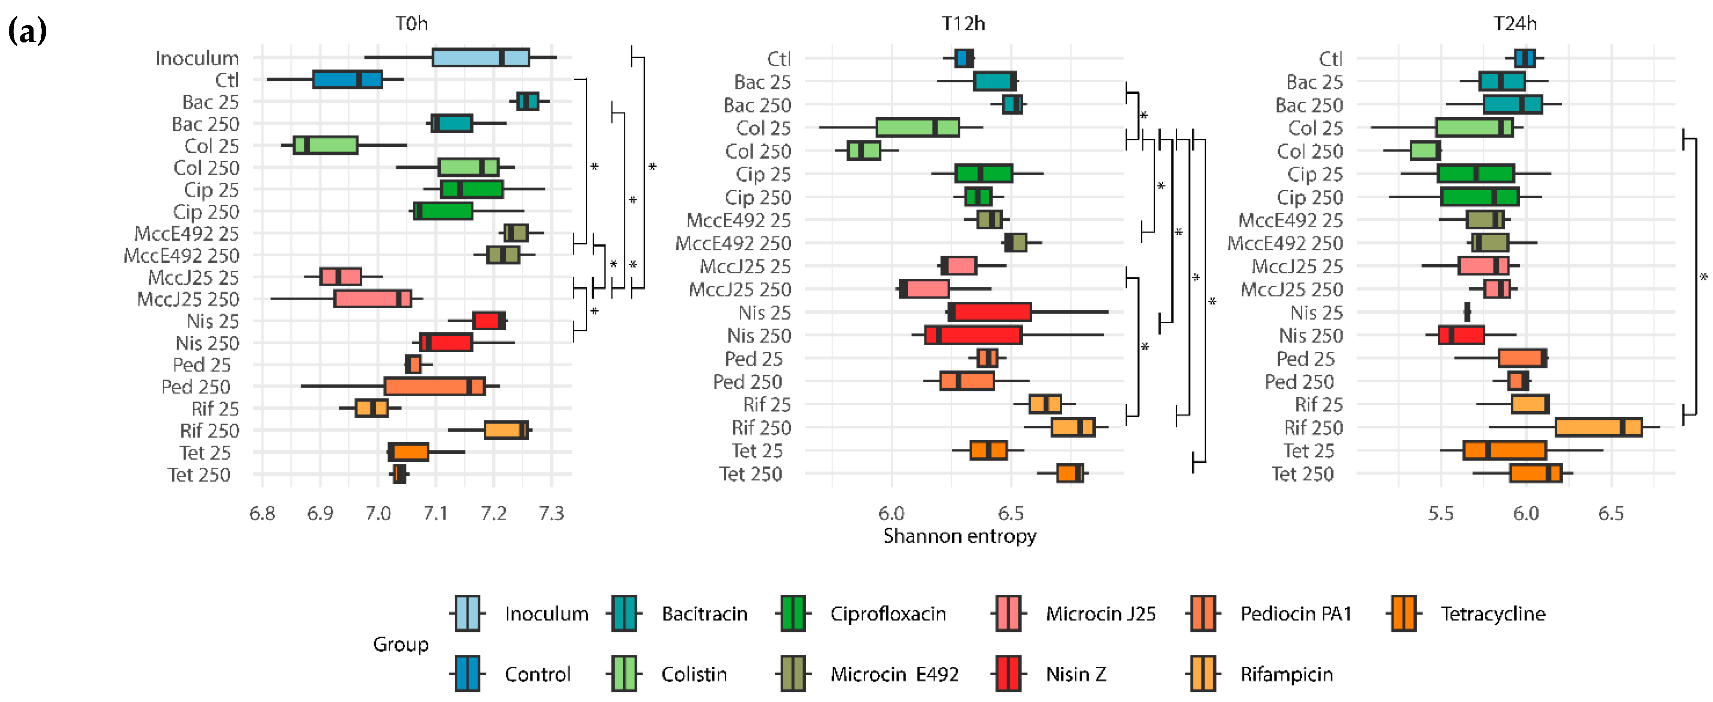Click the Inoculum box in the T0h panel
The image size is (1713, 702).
480,58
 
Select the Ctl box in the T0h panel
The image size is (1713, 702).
347,80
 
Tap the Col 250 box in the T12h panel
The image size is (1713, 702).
864,151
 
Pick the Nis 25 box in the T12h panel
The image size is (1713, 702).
990,312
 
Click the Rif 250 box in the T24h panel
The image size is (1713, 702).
1598,427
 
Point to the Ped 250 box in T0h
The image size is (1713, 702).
434,386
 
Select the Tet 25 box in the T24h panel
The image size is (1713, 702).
1504,451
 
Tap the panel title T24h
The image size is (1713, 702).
1515,24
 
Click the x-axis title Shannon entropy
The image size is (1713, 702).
959,536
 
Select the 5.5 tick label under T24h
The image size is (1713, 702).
1440,513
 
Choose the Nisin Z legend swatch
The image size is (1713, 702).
1008,674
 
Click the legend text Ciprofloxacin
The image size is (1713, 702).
887,614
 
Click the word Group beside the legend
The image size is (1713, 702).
400,644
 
